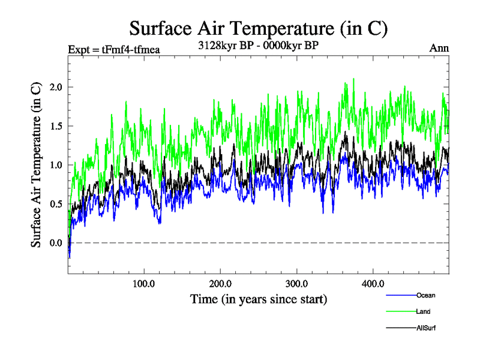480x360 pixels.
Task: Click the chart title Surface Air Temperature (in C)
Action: tap(259, 28)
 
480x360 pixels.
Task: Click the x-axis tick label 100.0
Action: tap(144, 283)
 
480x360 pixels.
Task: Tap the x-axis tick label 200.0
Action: tap(221, 283)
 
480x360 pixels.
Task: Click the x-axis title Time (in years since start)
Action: tap(259, 299)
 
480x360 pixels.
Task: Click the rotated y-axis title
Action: tap(37, 165)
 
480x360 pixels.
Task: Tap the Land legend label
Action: tap(423, 311)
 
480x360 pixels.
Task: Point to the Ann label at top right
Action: tap(439, 49)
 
